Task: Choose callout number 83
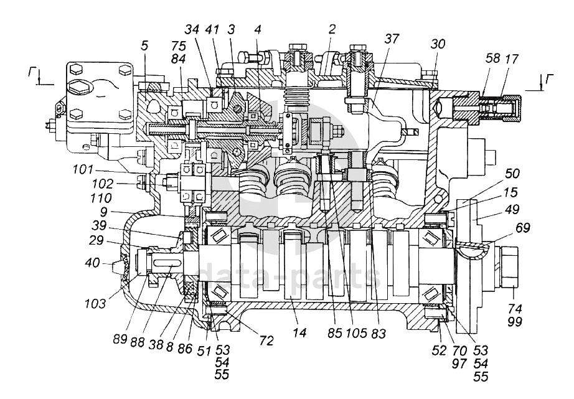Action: [x=377, y=334]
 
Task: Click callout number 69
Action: [x=522, y=228]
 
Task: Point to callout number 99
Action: [x=514, y=321]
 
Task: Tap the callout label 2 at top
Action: [x=332, y=29]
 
